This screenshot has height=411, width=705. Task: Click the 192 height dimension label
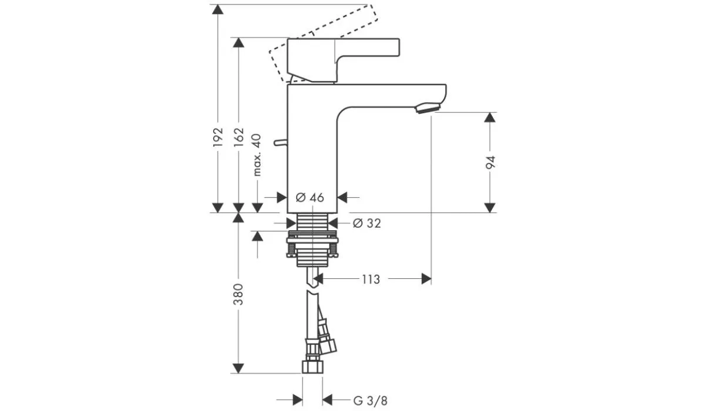[x=218, y=137]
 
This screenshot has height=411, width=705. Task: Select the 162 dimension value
[x=239, y=137]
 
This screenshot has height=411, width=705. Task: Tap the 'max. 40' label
[x=257, y=155]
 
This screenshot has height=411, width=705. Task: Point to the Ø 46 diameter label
[x=310, y=197]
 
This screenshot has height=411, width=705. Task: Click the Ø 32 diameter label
[x=367, y=223]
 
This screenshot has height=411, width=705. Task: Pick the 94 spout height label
[x=490, y=162]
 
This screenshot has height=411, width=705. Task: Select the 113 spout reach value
[x=371, y=279]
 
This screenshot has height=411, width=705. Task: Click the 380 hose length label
[x=239, y=294]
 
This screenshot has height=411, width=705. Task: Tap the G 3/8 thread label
[x=371, y=400]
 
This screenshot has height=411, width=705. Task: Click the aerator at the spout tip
[x=428, y=108]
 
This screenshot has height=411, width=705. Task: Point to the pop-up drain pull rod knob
[x=280, y=143]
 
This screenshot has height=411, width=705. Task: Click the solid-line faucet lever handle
[x=343, y=60]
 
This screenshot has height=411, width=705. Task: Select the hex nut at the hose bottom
[x=313, y=366]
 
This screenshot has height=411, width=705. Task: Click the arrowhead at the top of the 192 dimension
[x=218, y=9]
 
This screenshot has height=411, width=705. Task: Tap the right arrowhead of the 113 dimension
[x=426, y=279]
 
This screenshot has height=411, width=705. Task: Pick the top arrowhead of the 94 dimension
[x=490, y=117]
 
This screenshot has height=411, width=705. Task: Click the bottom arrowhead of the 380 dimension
[x=239, y=368]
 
